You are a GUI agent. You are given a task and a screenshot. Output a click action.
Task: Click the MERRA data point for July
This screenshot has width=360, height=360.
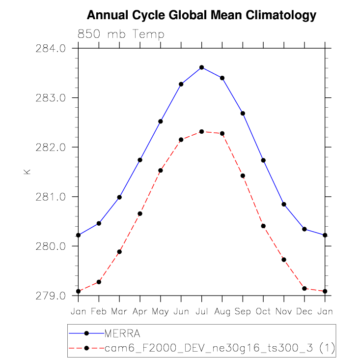pyautogui.click(x=202, y=67)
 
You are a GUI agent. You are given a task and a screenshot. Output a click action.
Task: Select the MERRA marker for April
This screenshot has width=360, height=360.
pyautogui.click(x=140, y=160)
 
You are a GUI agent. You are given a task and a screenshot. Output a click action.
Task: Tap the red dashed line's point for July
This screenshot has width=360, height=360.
pyautogui.click(x=202, y=132)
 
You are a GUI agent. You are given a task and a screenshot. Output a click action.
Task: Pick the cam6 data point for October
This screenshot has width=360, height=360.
pyautogui.click(x=263, y=226)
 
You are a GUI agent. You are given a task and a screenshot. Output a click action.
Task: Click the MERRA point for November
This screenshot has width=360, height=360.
pyautogui.click(x=284, y=204)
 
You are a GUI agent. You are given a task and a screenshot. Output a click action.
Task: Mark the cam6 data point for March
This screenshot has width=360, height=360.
pyautogui.click(x=119, y=252)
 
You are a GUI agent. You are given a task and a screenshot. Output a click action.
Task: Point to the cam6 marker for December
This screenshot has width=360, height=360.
pyautogui.click(x=305, y=289)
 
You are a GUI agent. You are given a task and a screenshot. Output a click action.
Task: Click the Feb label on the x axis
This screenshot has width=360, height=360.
pyautogui.click(x=99, y=312)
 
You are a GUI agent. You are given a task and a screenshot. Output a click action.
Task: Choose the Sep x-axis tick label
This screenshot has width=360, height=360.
pyautogui.click(x=243, y=312)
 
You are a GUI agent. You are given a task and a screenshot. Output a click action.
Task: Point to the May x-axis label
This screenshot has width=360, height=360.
pyautogui.click(x=161, y=312)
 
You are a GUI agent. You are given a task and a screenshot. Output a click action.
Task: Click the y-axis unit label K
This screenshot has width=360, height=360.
pyautogui.click(x=27, y=172)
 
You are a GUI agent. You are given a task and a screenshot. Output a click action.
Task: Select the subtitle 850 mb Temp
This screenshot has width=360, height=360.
pyautogui.click(x=121, y=34)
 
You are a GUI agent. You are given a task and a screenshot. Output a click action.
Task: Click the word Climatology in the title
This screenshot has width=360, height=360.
pyautogui.click(x=282, y=16)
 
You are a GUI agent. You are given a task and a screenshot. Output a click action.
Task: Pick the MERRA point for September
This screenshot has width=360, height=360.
pyautogui.click(x=243, y=114)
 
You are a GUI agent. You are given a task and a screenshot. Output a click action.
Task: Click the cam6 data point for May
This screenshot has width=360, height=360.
pyautogui.click(x=161, y=171)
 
